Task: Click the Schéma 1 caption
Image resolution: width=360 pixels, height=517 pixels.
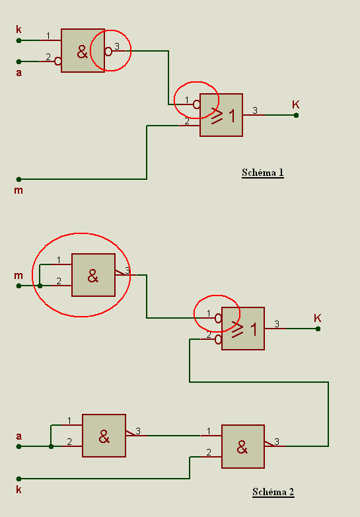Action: [x=262, y=173]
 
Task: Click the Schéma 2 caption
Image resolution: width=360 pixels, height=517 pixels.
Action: [x=273, y=492]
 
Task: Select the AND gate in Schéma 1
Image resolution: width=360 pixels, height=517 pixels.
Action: [x=83, y=50]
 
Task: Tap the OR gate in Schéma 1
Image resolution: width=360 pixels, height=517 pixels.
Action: [x=221, y=115]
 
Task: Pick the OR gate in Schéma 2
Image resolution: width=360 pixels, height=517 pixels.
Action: [x=242, y=329]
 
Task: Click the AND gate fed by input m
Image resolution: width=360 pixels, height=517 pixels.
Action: [x=93, y=275]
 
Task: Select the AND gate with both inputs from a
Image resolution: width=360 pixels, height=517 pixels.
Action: [x=104, y=436]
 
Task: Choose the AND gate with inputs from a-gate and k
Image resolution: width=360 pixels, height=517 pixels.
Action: [x=242, y=446]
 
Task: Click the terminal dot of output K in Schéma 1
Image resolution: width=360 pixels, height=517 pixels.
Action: [x=296, y=116]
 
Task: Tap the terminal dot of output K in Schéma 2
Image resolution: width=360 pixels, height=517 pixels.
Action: [x=318, y=329]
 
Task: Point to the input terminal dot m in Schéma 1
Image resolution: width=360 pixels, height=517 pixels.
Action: [x=18, y=179]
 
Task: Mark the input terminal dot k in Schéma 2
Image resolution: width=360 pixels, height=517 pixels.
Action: [x=18, y=479]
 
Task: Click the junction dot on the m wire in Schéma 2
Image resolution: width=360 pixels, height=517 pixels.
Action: [x=40, y=286]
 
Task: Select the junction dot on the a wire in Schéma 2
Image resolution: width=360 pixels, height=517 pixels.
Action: [x=51, y=446]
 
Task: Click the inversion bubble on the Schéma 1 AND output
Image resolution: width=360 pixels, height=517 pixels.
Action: [x=108, y=51]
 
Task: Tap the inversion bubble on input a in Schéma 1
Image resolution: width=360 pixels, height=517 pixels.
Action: [x=57, y=61]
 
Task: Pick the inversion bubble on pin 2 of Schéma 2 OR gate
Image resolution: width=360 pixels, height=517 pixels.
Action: [x=218, y=339]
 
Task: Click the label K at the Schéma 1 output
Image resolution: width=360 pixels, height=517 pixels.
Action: [x=296, y=105]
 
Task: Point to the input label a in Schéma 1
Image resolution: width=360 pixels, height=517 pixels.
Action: [x=19, y=73]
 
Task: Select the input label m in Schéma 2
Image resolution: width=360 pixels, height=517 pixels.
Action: [x=18, y=276]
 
